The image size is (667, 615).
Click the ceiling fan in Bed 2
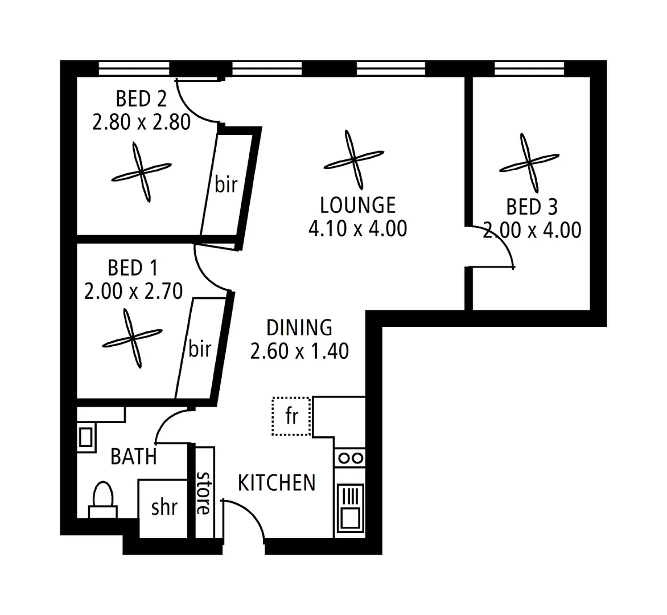[x=141, y=172]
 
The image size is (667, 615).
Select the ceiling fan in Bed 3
[x=529, y=163]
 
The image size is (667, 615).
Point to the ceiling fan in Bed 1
[x=132, y=338]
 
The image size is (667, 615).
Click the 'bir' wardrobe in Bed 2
[x=226, y=184]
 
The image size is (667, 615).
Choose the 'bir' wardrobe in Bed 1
[x=200, y=348]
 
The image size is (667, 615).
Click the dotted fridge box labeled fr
[x=291, y=416]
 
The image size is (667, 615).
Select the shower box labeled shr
[x=164, y=507]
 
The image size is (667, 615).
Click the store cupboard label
[x=203, y=492]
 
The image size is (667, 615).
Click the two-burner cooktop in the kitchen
[x=349, y=458]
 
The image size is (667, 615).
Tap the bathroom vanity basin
[x=85, y=437]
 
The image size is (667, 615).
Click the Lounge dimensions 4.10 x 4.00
[x=357, y=229]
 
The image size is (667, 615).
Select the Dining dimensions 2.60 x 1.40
[x=299, y=351]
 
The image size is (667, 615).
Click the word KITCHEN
[x=276, y=483]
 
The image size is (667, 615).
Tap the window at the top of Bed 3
[x=529, y=68]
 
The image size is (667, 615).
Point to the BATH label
[x=134, y=456]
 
